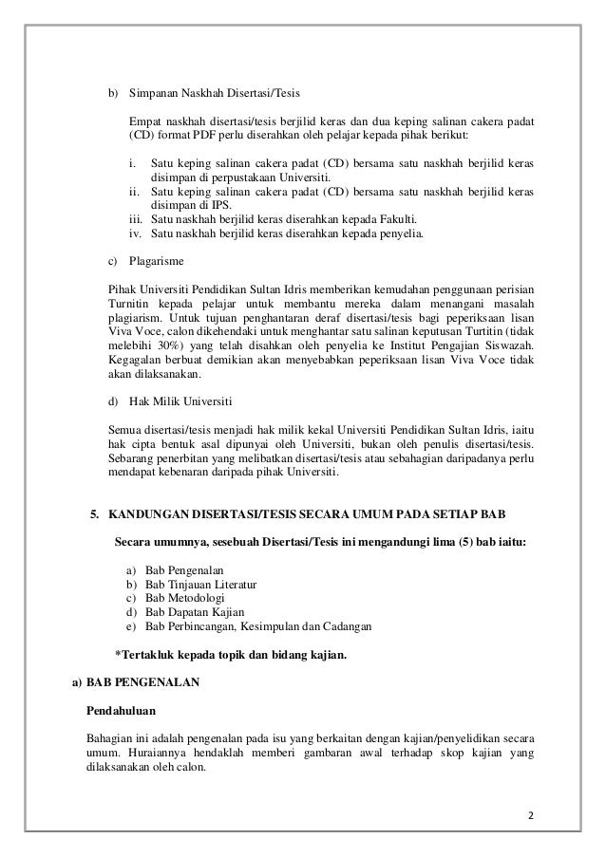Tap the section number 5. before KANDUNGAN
[x=95, y=514]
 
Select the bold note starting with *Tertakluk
[x=230, y=655]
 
